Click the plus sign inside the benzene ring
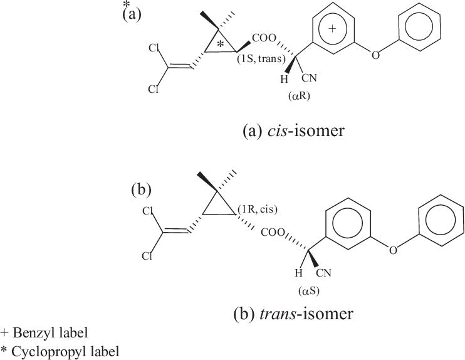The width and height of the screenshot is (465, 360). click(333, 28)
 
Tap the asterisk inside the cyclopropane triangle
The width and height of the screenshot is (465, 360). click(220, 45)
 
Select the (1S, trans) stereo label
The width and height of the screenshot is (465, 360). click(261, 59)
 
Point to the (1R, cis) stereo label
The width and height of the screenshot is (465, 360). click(258, 209)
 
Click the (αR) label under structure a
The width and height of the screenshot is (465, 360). click(299, 97)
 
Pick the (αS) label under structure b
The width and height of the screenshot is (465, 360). click(309, 292)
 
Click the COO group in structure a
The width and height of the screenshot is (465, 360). click(264, 38)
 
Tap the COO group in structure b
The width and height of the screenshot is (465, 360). click(273, 233)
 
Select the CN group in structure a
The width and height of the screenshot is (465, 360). click(310, 78)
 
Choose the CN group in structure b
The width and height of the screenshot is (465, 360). click(323, 273)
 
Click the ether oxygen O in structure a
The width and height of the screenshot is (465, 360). click(375, 55)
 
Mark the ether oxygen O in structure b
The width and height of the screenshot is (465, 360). click(393, 251)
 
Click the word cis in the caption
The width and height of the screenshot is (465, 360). click(277, 130)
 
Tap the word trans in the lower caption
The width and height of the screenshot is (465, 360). click(278, 314)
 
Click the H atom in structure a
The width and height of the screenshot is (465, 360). click(284, 79)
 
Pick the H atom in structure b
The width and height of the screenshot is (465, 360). click(298, 273)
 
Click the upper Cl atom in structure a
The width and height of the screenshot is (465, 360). click(154, 48)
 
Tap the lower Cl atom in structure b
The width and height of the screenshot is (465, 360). click(147, 256)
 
